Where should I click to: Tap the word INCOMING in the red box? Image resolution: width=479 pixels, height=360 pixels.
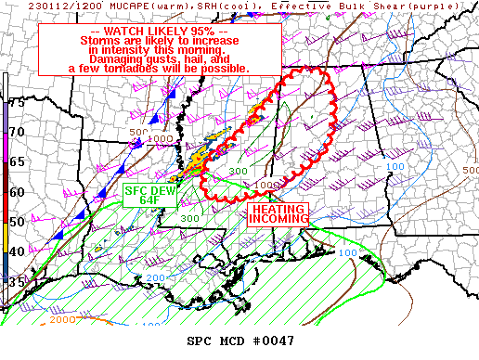pos(278,222)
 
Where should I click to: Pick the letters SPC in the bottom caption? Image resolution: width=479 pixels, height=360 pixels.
pos(201,341)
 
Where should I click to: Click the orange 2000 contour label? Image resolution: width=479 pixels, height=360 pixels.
pos(63,320)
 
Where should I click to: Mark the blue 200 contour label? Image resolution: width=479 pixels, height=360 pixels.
pos(154,277)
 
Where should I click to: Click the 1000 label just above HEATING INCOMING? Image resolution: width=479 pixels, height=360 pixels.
pos(267,186)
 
